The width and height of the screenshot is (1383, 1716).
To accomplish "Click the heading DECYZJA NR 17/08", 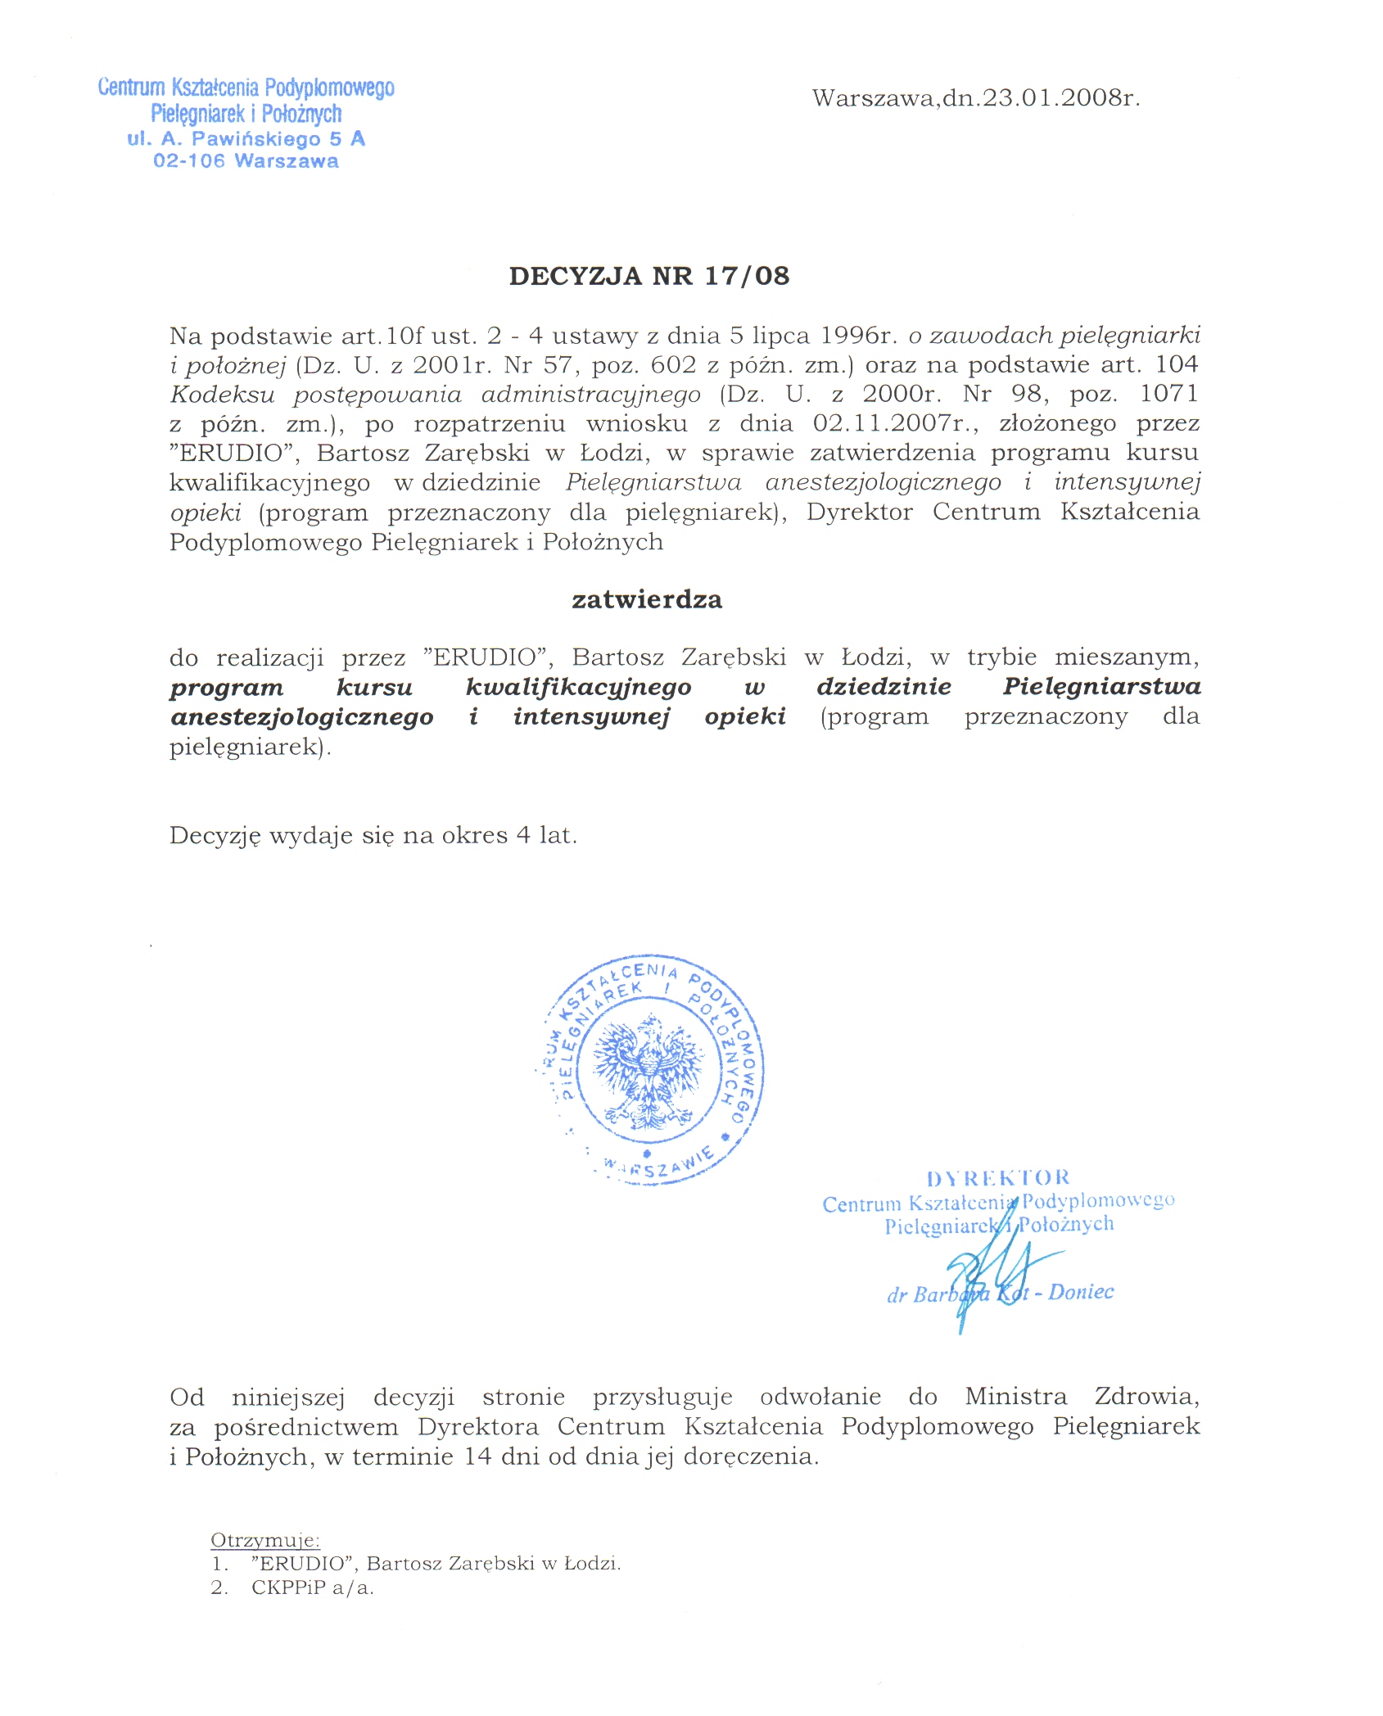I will point(649,276).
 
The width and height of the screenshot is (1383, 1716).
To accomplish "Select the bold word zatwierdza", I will point(647,599).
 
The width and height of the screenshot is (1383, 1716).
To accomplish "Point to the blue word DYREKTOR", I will point(998,1178).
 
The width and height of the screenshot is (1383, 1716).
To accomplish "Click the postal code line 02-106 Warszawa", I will point(246,161).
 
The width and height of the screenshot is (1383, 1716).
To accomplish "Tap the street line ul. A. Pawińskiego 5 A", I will point(246,139).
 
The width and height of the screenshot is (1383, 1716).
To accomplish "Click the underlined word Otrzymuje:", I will point(264,1540).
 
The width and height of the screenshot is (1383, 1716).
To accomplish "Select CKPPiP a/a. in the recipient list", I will point(312,1587).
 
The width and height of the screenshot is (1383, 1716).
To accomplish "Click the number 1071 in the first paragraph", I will point(1168,394).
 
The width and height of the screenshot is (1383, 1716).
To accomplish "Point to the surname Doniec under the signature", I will point(1081,1292).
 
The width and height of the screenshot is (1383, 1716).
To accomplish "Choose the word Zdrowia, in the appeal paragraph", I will point(1146,1396).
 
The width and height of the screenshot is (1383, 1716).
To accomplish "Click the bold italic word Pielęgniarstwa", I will point(1101,686).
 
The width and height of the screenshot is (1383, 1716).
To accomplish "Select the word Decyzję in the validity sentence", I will point(215,836).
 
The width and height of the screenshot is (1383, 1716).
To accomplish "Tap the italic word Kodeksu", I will point(222,395).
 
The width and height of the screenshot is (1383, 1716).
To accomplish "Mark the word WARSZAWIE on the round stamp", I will point(659,1166).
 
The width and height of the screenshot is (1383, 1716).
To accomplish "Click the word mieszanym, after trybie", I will point(1127,657).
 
